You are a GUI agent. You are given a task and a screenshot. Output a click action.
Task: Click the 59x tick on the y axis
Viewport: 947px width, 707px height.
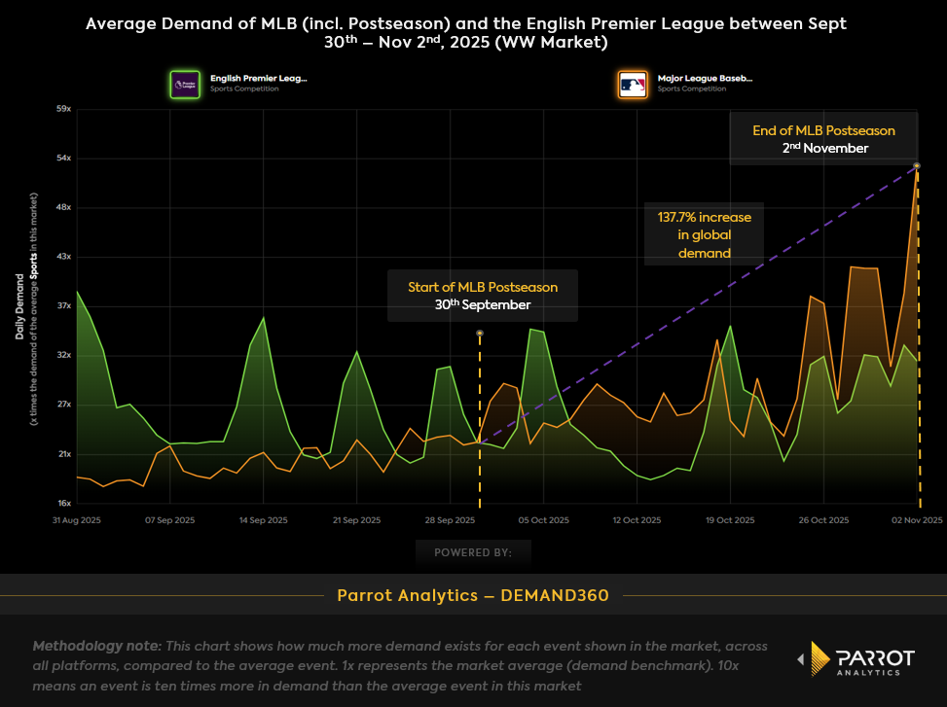[63, 109]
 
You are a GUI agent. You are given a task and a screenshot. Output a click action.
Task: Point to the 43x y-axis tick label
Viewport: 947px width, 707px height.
[63, 257]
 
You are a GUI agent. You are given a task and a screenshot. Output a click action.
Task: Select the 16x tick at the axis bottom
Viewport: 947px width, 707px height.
[63, 504]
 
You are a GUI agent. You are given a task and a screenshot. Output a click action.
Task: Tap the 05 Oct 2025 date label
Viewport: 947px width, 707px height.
[544, 520]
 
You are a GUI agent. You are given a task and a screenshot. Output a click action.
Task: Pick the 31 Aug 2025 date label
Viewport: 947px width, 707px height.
[77, 520]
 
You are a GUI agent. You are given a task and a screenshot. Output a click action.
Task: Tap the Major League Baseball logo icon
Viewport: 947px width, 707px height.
[633, 84]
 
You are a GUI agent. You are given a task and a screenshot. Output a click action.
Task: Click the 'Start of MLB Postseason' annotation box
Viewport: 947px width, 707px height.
[483, 296]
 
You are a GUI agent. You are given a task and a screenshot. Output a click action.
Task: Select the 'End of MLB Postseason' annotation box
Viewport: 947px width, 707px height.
[823, 139]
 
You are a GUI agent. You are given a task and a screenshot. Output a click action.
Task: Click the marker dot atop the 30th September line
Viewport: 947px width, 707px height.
[480, 334]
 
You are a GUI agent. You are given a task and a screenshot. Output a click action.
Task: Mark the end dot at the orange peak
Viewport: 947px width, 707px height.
[917, 165]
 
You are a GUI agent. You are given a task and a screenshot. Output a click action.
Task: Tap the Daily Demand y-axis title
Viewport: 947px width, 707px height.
[20, 306]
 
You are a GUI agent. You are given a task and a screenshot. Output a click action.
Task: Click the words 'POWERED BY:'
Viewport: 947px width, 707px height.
[473, 552]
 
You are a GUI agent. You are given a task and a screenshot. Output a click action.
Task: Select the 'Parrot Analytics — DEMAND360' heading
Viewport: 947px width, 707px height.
[473, 595]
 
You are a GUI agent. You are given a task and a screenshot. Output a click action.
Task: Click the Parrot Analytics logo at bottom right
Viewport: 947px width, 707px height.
[856, 658]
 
